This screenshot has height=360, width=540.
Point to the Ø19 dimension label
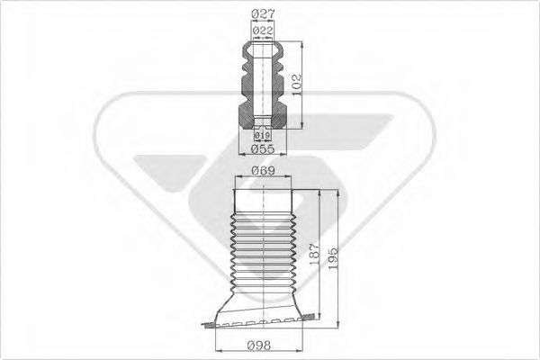[262, 136]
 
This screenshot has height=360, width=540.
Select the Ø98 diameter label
[262, 343]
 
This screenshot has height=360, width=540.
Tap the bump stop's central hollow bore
[261, 81]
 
